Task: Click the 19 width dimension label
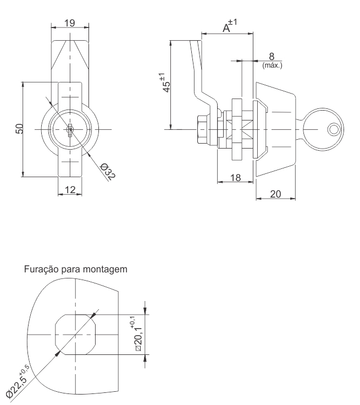click(x=70, y=23)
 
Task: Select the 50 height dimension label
click(x=20, y=129)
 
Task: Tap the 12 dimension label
click(x=70, y=190)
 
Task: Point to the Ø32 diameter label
click(x=108, y=171)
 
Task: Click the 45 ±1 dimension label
click(x=165, y=83)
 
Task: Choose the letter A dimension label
click(x=226, y=28)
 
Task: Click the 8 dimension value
click(x=272, y=56)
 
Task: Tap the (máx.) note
click(x=272, y=65)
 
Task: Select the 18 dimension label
click(x=235, y=178)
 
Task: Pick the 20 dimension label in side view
click(x=275, y=194)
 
